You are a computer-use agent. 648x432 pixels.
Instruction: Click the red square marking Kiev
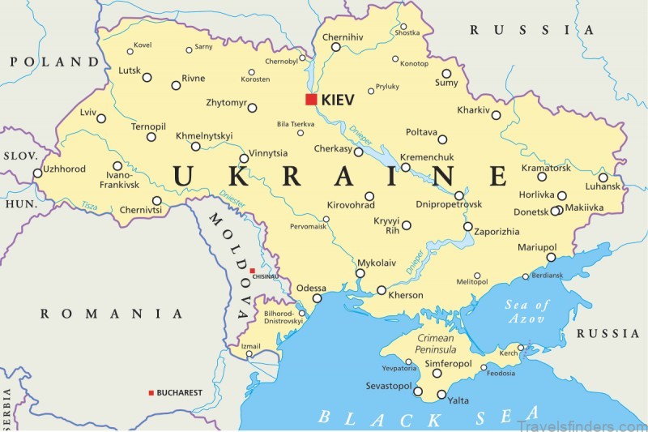310,99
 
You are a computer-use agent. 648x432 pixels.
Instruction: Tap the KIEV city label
338,100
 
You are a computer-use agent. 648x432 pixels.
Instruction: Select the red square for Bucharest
151,393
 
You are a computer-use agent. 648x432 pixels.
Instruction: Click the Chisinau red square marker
252,271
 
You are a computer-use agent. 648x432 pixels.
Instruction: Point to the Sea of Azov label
526,312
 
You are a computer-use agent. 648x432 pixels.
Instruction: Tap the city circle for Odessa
318,298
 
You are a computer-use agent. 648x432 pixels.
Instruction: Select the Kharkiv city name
474,110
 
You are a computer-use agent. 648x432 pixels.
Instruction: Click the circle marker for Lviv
101,118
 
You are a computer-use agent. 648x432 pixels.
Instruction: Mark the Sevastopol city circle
418,391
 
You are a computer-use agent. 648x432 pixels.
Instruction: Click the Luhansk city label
601,186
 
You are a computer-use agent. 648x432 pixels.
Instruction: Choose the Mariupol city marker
551,257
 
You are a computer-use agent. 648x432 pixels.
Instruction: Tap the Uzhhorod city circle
37,173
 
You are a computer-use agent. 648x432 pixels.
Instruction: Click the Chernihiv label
343,36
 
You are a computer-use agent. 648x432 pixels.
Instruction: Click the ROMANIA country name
112,314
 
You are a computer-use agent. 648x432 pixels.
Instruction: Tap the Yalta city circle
441,395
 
